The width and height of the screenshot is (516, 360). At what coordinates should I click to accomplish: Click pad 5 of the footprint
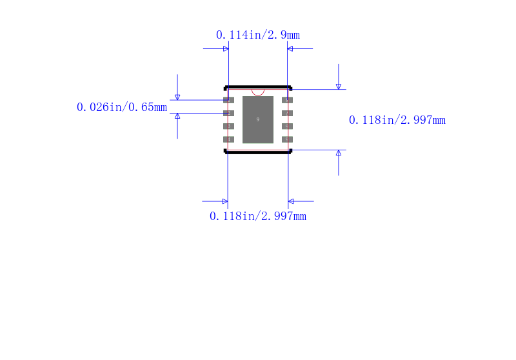[288, 139]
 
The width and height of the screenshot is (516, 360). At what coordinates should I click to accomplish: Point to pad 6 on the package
[288, 126]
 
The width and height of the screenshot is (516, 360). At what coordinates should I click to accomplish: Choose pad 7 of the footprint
[288, 113]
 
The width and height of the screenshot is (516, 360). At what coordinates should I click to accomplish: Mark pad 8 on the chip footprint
[288, 100]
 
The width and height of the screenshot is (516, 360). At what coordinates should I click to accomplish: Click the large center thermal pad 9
[258, 119]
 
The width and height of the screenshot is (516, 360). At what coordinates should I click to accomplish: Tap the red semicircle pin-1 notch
[258, 92]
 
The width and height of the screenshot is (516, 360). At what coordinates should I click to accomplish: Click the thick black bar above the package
[258, 86]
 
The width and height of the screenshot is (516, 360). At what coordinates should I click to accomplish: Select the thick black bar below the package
[258, 152]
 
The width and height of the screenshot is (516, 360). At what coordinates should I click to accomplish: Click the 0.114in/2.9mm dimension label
[257, 35]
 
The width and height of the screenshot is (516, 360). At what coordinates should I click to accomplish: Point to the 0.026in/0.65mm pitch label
[122, 107]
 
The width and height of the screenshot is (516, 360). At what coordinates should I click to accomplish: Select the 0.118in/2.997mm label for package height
[397, 120]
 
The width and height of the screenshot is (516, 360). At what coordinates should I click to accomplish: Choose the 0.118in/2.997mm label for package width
[257, 216]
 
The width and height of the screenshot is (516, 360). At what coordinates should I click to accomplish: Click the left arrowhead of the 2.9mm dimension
[226, 48]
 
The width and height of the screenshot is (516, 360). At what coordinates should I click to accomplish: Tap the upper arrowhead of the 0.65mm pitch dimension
[177, 97]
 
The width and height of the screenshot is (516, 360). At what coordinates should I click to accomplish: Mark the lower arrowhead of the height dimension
[339, 153]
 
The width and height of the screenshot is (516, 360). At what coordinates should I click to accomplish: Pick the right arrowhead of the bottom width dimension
[291, 201]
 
